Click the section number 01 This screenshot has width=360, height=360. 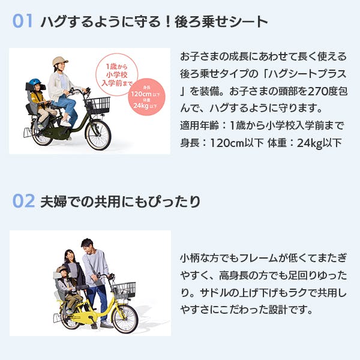[23, 22]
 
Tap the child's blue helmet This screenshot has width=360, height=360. [34, 83]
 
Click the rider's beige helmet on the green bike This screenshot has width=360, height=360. [60, 61]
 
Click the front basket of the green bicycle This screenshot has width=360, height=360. [97, 106]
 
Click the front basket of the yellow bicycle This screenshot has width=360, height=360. [124, 290]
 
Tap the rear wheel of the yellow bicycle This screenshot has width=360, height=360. [71, 317]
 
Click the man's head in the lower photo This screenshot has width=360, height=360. [87, 245]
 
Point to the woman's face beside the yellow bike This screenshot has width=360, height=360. [68, 257]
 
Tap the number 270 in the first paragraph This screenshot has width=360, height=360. [289, 93]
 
